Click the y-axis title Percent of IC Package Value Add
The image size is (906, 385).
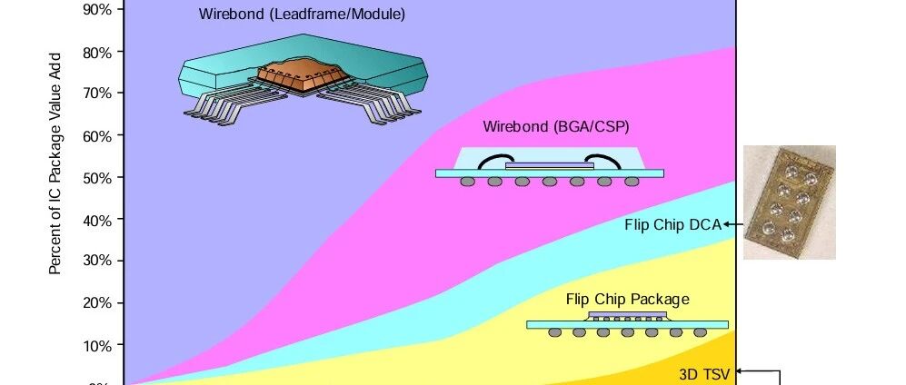click(x=55, y=163)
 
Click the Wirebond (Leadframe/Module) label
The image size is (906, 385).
click(x=302, y=14)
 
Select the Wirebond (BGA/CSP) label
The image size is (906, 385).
click(x=556, y=126)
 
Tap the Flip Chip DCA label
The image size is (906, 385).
click(x=673, y=225)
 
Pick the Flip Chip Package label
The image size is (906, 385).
click(x=628, y=299)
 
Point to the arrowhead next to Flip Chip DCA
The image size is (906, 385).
click(x=726, y=224)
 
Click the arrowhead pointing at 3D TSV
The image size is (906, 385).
click(x=739, y=371)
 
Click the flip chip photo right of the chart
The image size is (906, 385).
click(x=790, y=202)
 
